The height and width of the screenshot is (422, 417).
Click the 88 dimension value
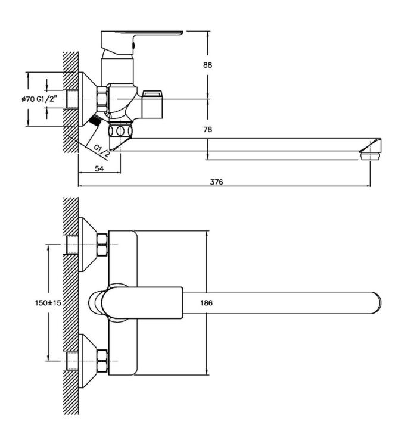click(x=207, y=65)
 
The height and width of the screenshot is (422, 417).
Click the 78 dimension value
click(x=207, y=129)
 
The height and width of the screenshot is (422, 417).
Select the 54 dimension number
click(x=99, y=169)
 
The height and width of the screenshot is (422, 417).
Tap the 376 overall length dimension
click(x=217, y=182)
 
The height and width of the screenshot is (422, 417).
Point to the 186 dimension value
click(x=206, y=303)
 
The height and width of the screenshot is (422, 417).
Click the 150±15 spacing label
click(x=48, y=303)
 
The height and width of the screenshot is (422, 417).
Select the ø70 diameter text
click(x=28, y=99)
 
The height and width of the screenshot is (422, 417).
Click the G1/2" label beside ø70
click(x=47, y=99)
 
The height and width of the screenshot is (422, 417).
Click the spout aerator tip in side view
click(x=370, y=155)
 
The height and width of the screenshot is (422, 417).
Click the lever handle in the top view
click(x=142, y=303)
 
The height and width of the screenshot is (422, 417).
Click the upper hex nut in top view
click(x=102, y=245)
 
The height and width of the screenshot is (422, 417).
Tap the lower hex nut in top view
click(x=102, y=361)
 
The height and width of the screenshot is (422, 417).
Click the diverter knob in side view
click(x=152, y=104)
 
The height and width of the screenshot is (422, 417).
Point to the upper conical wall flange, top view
click(x=88, y=245)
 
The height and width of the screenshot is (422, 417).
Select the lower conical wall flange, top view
click(x=88, y=361)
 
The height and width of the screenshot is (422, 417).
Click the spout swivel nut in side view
click(x=120, y=131)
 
